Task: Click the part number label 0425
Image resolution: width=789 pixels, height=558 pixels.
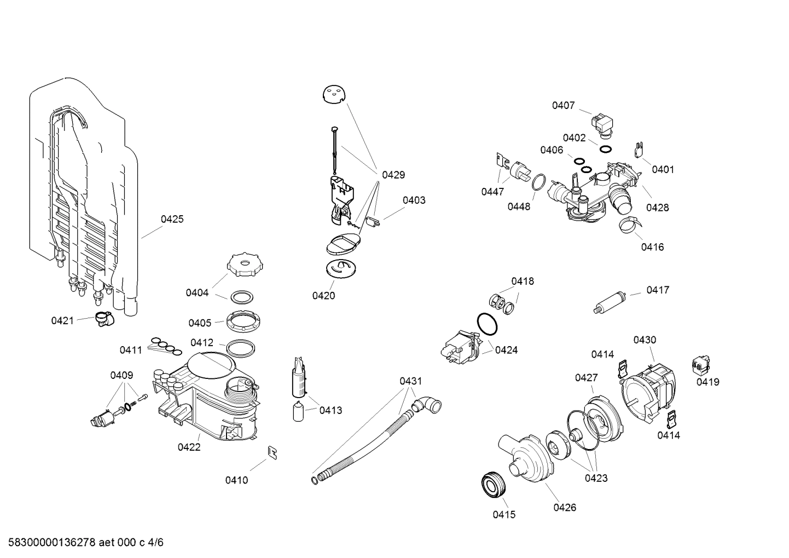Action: [x=172, y=220]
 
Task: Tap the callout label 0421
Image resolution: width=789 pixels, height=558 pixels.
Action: [x=62, y=321]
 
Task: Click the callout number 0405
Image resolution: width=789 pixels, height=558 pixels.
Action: [x=200, y=323]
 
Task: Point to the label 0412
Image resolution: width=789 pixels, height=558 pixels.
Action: [x=202, y=343]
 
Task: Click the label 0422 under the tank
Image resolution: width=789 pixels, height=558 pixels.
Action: [x=189, y=447]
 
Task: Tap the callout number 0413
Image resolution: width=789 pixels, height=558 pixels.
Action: [x=330, y=410]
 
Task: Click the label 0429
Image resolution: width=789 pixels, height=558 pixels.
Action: [x=393, y=175]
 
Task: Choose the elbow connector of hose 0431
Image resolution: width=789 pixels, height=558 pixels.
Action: [x=428, y=406]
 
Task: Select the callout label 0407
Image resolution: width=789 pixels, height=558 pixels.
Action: [x=563, y=105]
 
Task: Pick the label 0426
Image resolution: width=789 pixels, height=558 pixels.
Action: [x=565, y=508]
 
